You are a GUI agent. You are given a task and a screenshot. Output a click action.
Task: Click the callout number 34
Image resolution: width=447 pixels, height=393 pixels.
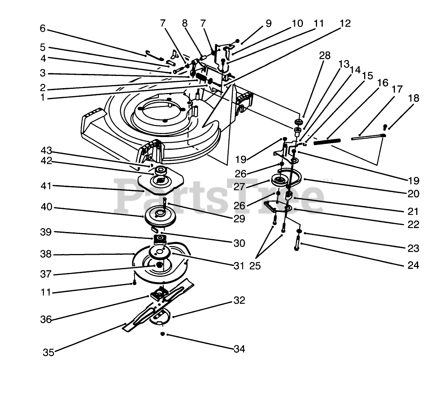[239, 349]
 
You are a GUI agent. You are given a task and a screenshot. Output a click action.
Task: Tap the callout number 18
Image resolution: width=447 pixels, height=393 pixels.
[414, 99]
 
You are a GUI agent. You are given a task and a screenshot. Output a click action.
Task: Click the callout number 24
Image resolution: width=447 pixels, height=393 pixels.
[413, 265]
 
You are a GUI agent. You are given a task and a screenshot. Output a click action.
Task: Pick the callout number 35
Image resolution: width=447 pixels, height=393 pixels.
[48, 353]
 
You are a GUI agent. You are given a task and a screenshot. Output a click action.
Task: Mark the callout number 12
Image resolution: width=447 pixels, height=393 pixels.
[345, 24]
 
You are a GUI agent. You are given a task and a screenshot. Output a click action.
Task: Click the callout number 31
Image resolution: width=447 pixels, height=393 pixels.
[238, 266]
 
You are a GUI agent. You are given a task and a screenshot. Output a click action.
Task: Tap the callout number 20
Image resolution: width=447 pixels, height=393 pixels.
[413, 194]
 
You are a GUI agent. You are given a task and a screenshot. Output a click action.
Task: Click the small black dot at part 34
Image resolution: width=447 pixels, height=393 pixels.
[162, 334]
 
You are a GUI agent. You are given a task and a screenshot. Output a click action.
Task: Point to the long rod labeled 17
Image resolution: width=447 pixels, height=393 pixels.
[367, 136]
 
